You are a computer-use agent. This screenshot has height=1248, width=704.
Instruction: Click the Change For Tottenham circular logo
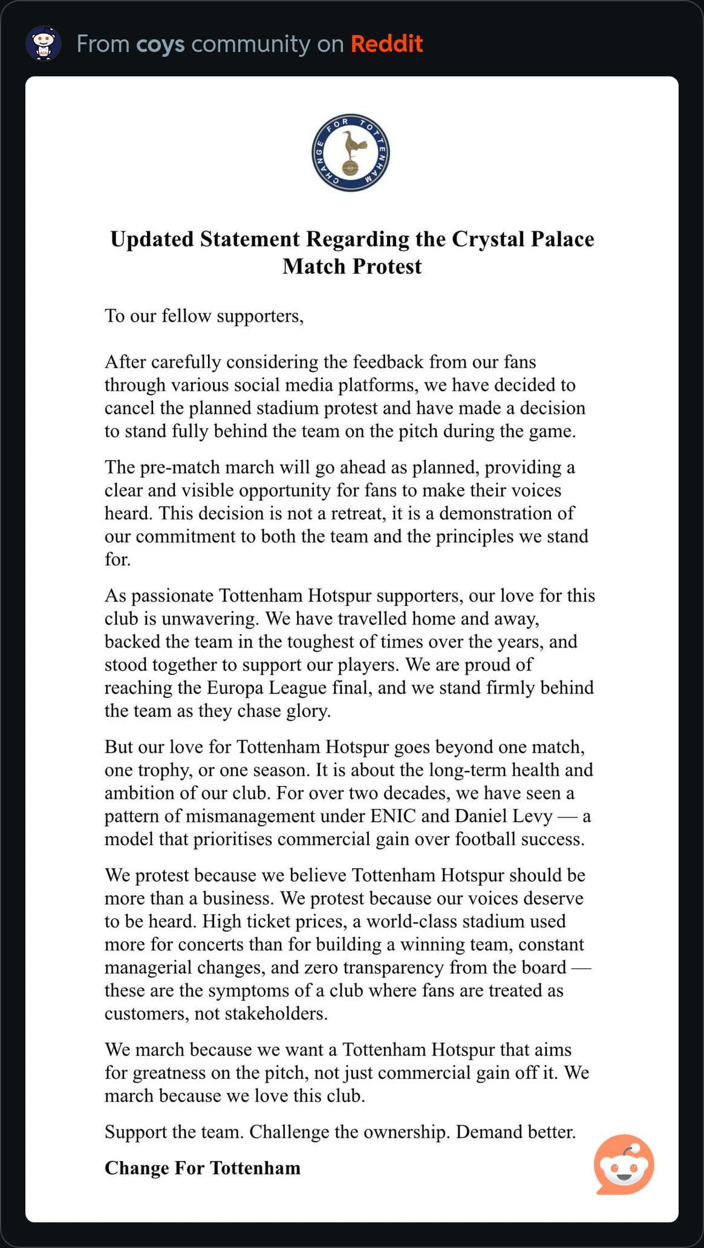(351, 153)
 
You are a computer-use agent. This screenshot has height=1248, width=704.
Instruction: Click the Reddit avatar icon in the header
(44, 44)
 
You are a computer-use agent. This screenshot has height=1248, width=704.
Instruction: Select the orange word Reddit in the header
(386, 44)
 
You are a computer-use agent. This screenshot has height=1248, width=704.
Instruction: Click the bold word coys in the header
(160, 44)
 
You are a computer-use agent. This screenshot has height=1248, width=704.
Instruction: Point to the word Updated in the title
(152, 239)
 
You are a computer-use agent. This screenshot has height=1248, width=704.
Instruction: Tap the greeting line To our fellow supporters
(204, 316)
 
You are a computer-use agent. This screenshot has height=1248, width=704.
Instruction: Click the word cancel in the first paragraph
(129, 408)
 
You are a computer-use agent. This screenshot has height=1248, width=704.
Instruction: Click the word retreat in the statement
(352, 513)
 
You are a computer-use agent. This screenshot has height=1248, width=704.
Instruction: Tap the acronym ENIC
(393, 816)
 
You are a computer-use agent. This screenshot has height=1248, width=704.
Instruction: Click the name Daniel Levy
(503, 816)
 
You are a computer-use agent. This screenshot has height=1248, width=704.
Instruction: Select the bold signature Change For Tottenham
(202, 1168)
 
